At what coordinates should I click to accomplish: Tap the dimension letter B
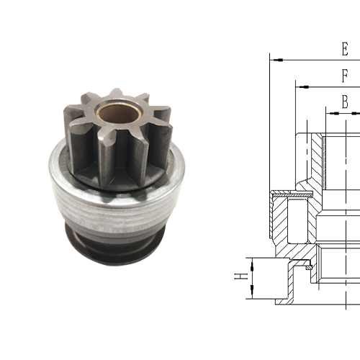(346, 103)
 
